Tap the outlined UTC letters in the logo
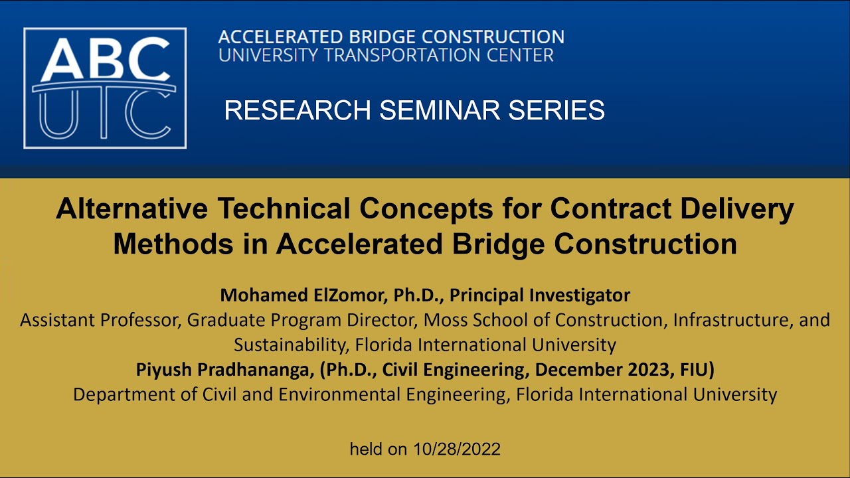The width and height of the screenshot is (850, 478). [x=104, y=114]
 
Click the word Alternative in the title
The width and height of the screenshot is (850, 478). [x=132, y=209]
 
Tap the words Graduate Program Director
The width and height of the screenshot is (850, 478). [x=302, y=320]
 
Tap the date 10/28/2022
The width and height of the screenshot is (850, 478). [x=456, y=449]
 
